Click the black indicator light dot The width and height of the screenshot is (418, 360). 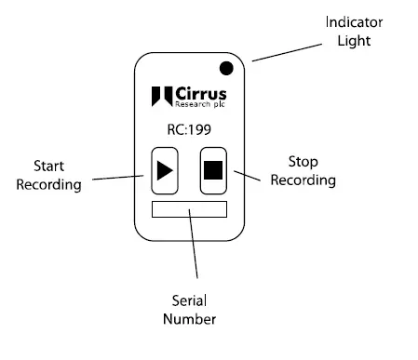coord(225,68)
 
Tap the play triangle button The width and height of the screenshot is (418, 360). coord(164,170)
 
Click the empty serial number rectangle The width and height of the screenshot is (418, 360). coord(188,208)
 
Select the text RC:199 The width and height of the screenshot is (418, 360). coord(189,130)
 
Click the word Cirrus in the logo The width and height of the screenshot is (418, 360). coord(200,94)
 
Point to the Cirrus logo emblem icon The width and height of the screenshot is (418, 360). coord(160,97)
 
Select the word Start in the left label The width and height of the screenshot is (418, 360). coord(49,166)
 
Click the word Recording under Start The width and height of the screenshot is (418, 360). coord(49,184)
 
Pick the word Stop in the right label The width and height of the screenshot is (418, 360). coord(303,159)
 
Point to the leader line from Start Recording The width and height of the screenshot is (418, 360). coord(116,175)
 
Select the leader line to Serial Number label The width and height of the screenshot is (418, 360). coord(196,247)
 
